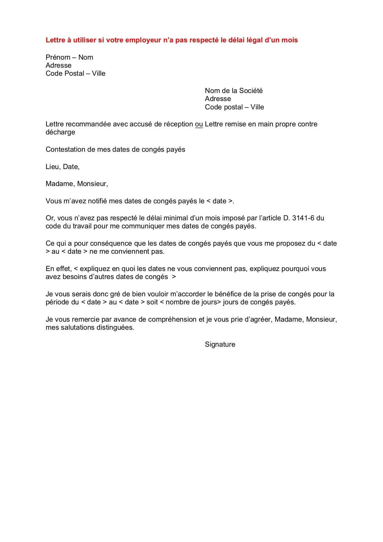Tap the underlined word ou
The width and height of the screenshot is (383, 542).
click(x=199, y=124)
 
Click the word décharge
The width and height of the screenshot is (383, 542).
click(x=60, y=132)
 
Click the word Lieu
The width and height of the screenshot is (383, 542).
click(x=52, y=167)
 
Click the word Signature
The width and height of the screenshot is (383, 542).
click(x=220, y=345)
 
